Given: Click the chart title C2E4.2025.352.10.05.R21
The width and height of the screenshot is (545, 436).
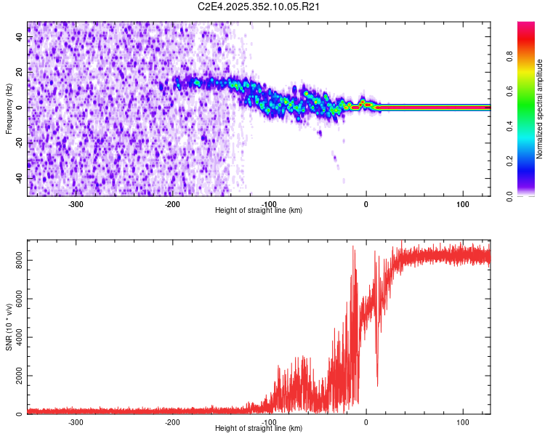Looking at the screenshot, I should [259, 7].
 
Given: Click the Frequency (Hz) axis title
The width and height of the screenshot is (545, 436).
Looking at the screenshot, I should [9, 109].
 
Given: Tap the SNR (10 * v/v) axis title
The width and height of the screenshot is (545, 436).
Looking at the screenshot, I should [9, 326].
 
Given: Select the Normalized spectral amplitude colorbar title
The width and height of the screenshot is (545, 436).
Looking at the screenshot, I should [539, 109].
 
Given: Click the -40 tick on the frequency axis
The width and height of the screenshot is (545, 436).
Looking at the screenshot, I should [20, 178].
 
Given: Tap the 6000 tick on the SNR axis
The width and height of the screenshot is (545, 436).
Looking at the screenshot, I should [16, 299].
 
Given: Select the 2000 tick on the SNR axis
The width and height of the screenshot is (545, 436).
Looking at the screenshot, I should [16, 376].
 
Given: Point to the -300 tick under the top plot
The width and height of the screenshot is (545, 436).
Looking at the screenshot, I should [76, 204].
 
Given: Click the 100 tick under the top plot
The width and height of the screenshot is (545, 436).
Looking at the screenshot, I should [463, 204].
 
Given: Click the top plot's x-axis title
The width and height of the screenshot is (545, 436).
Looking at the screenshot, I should [259, 211].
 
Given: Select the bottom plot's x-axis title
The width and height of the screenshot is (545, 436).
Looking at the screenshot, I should [259, 429].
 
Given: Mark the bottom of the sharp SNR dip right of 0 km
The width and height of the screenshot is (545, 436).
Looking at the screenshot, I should [377, 385].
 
